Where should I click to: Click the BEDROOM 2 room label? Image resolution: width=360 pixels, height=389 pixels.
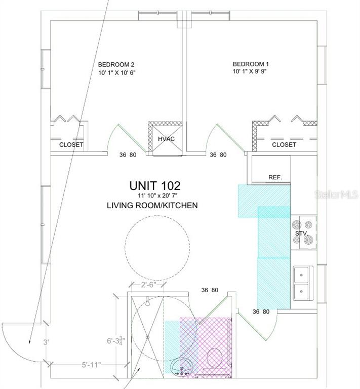[x=116, y=65]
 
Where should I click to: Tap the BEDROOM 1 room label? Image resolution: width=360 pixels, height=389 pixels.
[x=251, y=64]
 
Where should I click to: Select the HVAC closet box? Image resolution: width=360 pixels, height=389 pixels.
[x=167, y=139]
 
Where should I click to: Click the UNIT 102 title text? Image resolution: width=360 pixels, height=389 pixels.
[x=155, y=185]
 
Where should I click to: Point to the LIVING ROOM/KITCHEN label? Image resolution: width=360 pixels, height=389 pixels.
[x=152, y=206]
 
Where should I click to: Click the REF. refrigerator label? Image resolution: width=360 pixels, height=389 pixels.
[x=275, y=177]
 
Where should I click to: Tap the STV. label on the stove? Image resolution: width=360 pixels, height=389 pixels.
[x=301, y=234]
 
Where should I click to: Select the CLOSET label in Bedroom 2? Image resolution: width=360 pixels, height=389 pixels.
[x=71, y=145]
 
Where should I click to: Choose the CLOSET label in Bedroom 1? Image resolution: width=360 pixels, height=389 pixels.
[x=284, y=145]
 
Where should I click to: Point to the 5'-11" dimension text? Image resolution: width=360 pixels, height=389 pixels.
[x=92, y=365]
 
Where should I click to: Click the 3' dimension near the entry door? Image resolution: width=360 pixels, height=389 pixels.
[x=46, y=342]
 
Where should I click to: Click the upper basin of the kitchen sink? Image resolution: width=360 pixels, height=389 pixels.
[x=301, y=275]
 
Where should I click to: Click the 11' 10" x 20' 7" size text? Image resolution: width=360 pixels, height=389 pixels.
[x=157, y=196]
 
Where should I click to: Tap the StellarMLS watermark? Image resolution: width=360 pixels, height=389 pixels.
[x=336, y=194]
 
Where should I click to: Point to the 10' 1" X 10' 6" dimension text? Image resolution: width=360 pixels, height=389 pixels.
[x=117, y=73]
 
